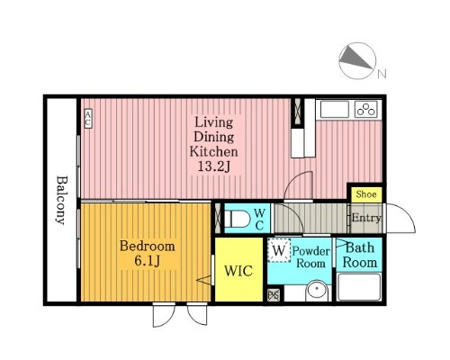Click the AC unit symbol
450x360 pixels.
pos(88,119)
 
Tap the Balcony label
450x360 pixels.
pos(62,200)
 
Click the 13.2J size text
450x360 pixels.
pos(213,166)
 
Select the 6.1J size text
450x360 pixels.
pos(147,261)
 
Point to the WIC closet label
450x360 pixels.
pos(238,271)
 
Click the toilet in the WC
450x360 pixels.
pos(237,219)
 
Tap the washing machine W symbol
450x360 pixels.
pos(279,250)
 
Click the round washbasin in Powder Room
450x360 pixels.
pos(317,291)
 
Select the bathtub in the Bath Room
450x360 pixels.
pos(359,287)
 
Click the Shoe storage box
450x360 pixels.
pos(366,194)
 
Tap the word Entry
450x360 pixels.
pos(366,218)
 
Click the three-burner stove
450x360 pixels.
pos(365,109)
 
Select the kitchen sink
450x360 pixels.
pos(335,109)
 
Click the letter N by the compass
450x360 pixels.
pos(382,74)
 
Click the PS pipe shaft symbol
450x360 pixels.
pos(274,295)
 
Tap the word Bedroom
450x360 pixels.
pos(148,247)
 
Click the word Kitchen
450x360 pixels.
pos(213,151)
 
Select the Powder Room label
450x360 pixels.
pos(311,257)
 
